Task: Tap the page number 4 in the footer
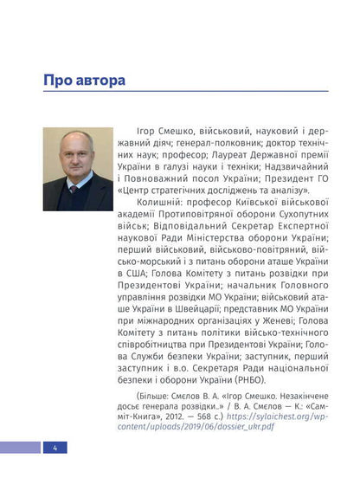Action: click(54, 448)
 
